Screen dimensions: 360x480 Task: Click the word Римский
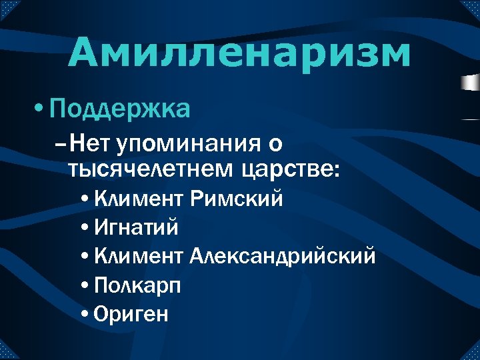tap(237, 199)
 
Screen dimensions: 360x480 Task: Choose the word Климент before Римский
tap(139, 199)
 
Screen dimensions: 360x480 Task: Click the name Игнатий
tap(137, 227)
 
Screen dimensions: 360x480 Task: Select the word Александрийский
tap(283, 256)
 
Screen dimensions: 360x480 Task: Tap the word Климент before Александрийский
tap(139, 256)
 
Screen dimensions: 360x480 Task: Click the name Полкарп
tap(138, 285)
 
